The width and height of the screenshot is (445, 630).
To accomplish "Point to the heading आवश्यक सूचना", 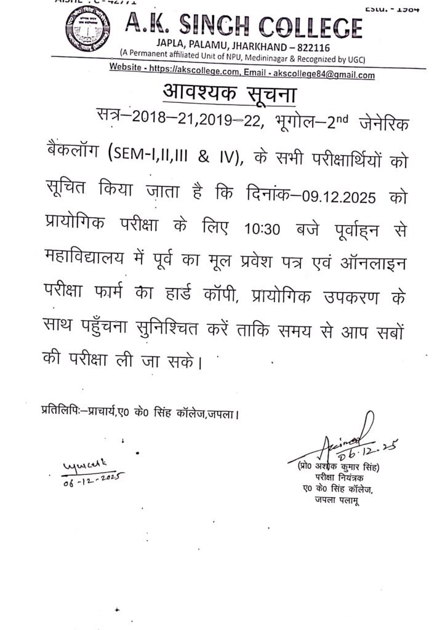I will pos(229,94).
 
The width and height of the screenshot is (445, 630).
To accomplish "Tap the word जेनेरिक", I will pos(383,122).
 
